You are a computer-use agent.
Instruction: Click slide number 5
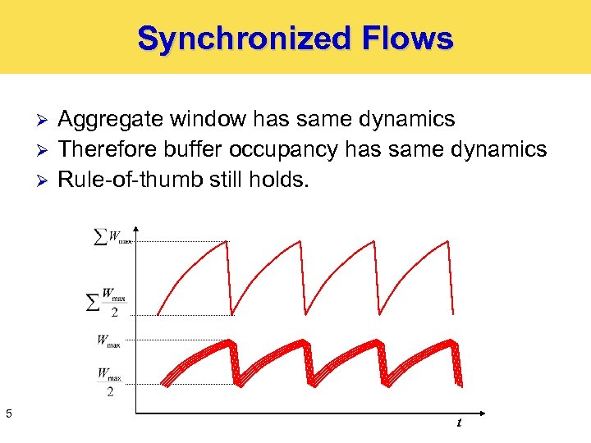[x=8, y=413]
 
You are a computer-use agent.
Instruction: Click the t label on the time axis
[x=458, y=422]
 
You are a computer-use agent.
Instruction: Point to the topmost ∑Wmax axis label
[x=112, y=238]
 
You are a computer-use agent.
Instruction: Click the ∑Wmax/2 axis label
[x=108, y=301]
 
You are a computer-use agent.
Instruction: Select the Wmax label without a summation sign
[x=108, y=340]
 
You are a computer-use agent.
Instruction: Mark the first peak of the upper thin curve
[x=227, y=241]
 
